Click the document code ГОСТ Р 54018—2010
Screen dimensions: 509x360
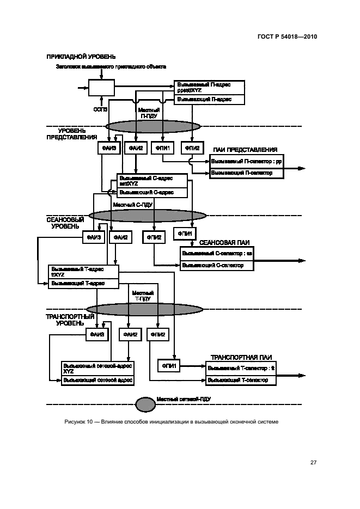286,38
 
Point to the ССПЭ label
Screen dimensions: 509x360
101,109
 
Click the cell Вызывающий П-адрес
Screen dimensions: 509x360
209,100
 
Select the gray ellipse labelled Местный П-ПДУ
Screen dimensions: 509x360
153,126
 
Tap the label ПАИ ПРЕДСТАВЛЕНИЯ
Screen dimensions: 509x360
245,150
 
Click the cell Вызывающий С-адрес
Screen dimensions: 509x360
152,192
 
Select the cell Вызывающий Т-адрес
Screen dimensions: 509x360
83,284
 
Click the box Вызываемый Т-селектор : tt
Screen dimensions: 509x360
242,369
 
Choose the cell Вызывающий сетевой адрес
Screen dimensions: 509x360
98,380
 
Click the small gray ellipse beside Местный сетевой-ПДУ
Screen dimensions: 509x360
144,404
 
